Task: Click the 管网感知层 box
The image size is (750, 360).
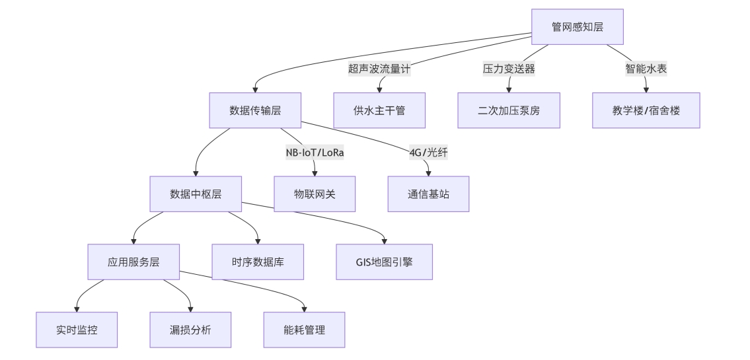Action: (578, 26)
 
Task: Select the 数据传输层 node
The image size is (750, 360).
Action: (255, 110)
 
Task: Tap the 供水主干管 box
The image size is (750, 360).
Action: (379, 110)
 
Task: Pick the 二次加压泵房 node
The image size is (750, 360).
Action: (508, 110)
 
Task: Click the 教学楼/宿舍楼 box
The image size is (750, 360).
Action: (646, 110)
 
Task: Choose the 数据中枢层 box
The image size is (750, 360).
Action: (196, 194)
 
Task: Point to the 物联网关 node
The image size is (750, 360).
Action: (315, 194)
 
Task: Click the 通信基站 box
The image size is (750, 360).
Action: (428, 194)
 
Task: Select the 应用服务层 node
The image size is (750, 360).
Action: (133, 262)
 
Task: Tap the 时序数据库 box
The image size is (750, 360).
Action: (258, 262)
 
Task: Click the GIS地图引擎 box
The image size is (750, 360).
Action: (385, 262)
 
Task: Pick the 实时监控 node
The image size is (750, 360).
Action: (77, 330)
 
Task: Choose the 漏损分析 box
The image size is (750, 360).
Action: (190, 330)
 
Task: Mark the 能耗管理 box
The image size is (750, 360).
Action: (304, 330)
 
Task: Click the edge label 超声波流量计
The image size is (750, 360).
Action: (379, 69)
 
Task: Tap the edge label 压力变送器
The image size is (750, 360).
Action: (508, 69)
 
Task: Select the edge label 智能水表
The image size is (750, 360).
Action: (646, 69)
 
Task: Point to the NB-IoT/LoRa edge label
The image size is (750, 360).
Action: (315, 153)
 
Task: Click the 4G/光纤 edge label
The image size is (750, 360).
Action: (428, 153)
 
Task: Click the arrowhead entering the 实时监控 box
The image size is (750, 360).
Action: (77, 308)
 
